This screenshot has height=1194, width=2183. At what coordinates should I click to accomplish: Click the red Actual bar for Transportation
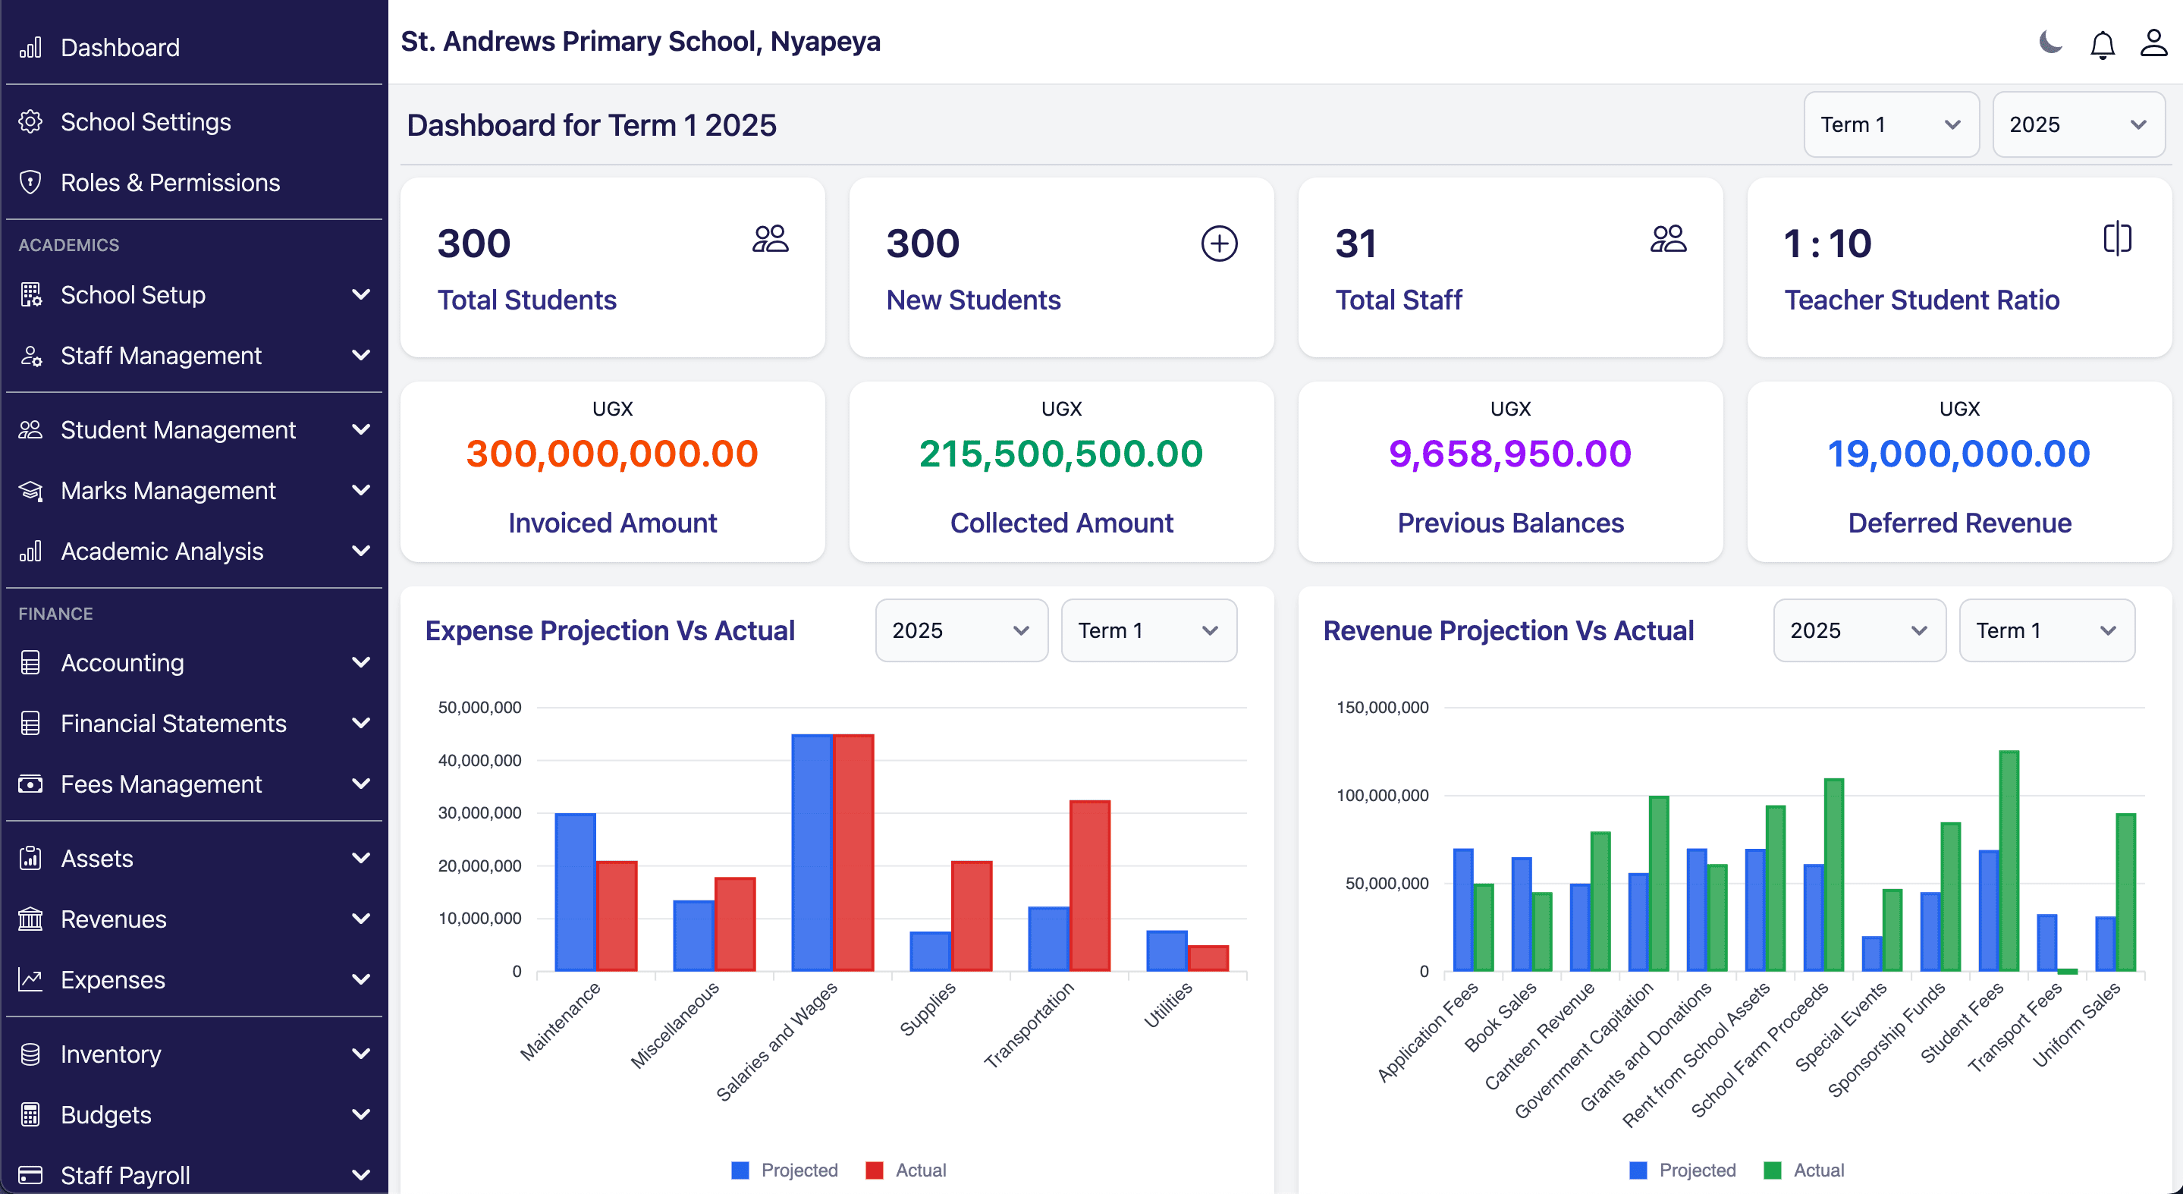(1090, 885)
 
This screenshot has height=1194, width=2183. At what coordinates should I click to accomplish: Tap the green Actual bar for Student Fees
(2009, 860)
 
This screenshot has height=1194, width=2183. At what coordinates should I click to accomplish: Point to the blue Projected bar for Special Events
(1871, 954)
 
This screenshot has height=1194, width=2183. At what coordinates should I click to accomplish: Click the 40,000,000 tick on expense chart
(479, 760)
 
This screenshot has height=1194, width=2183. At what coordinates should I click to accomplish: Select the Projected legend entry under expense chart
(785, 1170)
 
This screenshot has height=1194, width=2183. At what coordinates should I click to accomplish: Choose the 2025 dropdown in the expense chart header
(960, 630)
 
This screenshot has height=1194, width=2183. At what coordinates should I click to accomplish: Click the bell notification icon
(2102, 43)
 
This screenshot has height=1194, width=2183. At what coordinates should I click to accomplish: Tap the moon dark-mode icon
(2050, 42)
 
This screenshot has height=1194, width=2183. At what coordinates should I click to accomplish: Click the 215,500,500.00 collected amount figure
(1061, 454)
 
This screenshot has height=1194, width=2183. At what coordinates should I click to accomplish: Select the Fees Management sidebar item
(161, 784)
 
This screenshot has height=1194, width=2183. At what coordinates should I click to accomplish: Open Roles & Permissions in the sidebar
(169, 182)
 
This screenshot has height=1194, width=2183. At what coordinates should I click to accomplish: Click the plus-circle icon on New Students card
(1219, 244)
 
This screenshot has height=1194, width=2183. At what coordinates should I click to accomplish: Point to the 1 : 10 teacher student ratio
(1827, 244)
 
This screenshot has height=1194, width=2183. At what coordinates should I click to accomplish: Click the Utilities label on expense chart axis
(1168, 1005)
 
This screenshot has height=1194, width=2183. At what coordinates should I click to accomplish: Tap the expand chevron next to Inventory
(361, 1054)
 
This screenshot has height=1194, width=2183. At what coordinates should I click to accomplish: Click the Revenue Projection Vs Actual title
(1508, 630)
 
